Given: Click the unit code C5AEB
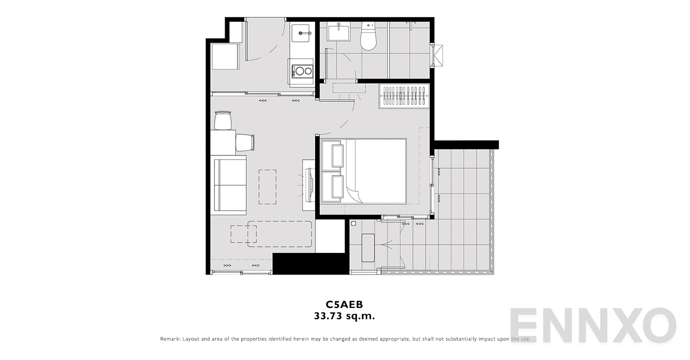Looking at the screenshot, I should coord(344,304).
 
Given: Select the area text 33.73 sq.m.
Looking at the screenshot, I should coord(344,316).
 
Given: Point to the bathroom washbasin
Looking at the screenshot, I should coord(338,33).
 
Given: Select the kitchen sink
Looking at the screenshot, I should coord(302,34).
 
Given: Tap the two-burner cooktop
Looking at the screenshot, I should coord(302,71).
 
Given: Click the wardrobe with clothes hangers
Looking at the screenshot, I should coord(404,96).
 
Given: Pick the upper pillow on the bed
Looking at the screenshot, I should coord(338,155).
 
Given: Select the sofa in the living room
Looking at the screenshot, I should coord(229,185).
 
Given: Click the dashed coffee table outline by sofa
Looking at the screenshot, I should coord(267,187).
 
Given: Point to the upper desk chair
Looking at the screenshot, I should coord(223,121).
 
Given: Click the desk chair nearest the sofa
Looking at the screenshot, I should coord(245,142).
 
